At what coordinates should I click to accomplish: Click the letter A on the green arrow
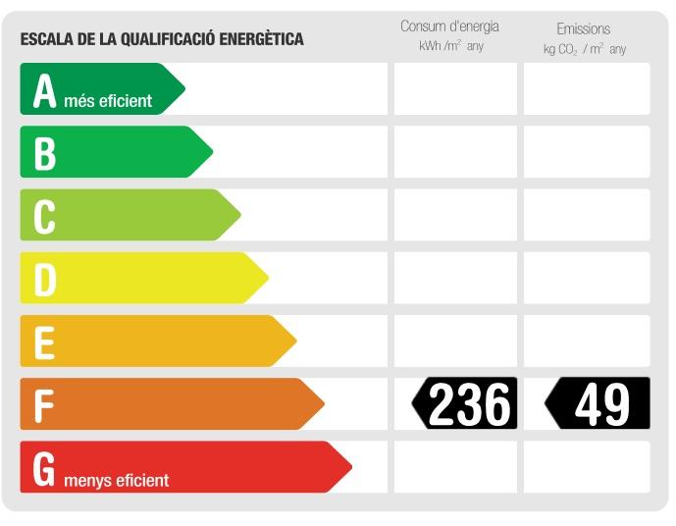(44, 90)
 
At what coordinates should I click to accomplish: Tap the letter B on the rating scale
(44, 153)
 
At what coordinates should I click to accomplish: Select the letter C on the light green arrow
(44, 216)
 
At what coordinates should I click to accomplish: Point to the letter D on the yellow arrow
(45, 279)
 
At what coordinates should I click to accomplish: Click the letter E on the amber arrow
(44, 342)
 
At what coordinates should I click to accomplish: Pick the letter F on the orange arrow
(43, 404)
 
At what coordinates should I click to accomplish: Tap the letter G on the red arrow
(44, 468)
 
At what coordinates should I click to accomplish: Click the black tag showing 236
(465, 403)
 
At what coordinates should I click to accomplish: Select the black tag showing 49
(598, 403)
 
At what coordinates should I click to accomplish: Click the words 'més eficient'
(108, 100)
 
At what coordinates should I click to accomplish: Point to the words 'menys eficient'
(116, 480)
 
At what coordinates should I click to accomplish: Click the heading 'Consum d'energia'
(449, 26)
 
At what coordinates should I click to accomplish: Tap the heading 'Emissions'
(583, 28)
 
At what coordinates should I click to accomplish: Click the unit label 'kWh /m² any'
(451, 46)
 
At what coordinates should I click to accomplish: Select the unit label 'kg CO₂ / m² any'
(585, 49)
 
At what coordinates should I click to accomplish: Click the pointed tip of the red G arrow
(349, 467)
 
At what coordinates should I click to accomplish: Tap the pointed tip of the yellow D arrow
(267, 279)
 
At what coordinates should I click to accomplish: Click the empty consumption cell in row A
(455, 89)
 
